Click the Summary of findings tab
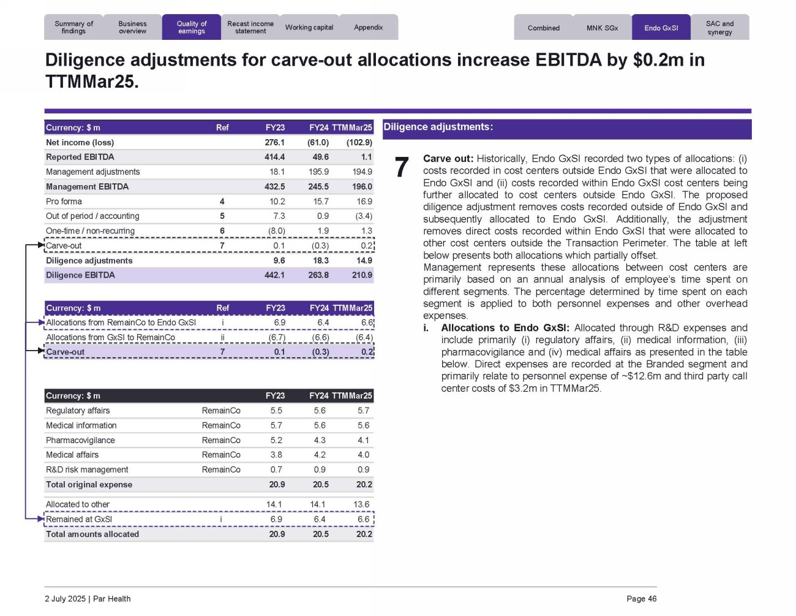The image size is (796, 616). pyautogui.click(x=73, y=28)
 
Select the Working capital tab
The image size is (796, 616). pyautogui.click(x=309, y=28)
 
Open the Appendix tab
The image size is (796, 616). pyautogui.click(x=369, y=28)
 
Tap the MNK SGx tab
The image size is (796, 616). pyautogui.click(x=602, y=28)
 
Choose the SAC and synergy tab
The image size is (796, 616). pyautogui.click(x=719, y=28)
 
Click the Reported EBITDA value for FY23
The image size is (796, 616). pyautogui.click(x=274, y=157)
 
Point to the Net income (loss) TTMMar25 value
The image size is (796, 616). pyautogui.click(x=359, y=142)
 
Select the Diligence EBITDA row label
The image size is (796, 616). pyautogui.click(x=80, y=275)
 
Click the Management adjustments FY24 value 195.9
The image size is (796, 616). pyautogui.click(x=318, y=172)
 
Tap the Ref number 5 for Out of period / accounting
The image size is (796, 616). pyautogui.click(x=222, y=216)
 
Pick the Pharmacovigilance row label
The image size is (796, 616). pyautogui.click(x=80, y=440)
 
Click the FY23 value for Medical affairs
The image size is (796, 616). pyautogui.click(x=276, y=455)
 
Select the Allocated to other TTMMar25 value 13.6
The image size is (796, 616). pyautogui.click(x=361, y=504)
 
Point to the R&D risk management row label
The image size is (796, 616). pyautogui.click(x=87, y=470)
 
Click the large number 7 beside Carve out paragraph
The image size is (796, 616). pyautogui.click(x=401, y=168)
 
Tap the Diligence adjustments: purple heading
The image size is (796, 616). pyautogui.click(x=438, y=127)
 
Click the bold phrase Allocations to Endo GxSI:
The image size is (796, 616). pyautogui.click(x=505, y=328)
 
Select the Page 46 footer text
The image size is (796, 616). pyautogui.click(x=641, y=599)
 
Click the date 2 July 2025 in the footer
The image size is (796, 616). pyautogui.click(x=65, y=599)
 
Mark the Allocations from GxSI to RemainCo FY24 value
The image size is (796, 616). pyautogui.click(x=320, y=337)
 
